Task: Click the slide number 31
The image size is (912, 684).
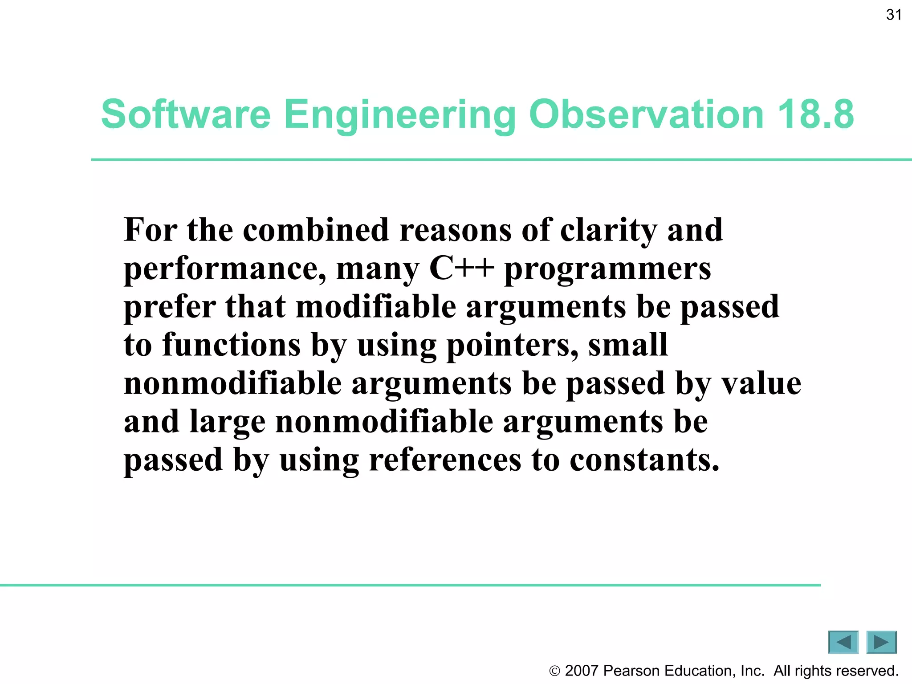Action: click(x=893, y=15)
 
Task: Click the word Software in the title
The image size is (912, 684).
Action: click(x=186, y=114)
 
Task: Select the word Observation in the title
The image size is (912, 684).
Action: click(x=646, y=114)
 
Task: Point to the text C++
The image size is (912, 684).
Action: click(x=461, y=269)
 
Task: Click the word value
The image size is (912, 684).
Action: click(x=761, y=383)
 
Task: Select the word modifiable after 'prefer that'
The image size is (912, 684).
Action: click(x=376, y=307)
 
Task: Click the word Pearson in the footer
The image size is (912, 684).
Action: click(x=631, y=671)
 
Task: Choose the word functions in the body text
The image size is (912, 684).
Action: click(x=232, y=345)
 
